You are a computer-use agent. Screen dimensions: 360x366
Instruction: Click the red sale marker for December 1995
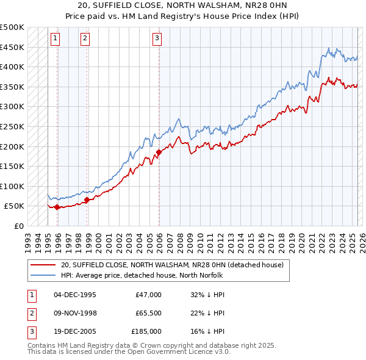click(57, 207)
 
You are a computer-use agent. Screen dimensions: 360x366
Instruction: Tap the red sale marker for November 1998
click(87, 200)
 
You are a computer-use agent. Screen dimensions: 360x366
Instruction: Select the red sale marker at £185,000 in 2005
click(159, 152)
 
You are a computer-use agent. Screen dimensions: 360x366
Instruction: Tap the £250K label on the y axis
click(12, 126)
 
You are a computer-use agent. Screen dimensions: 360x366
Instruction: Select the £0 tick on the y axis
click(20, 226)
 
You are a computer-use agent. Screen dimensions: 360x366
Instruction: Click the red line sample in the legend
click(43, 265)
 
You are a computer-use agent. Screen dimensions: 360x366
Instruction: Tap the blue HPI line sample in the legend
click(43, 275)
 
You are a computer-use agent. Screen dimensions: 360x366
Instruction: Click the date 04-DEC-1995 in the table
click(75, 295)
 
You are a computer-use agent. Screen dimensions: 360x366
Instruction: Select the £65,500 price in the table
click(148, 313)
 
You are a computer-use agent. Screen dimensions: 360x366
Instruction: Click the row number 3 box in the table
click(30, 331)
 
